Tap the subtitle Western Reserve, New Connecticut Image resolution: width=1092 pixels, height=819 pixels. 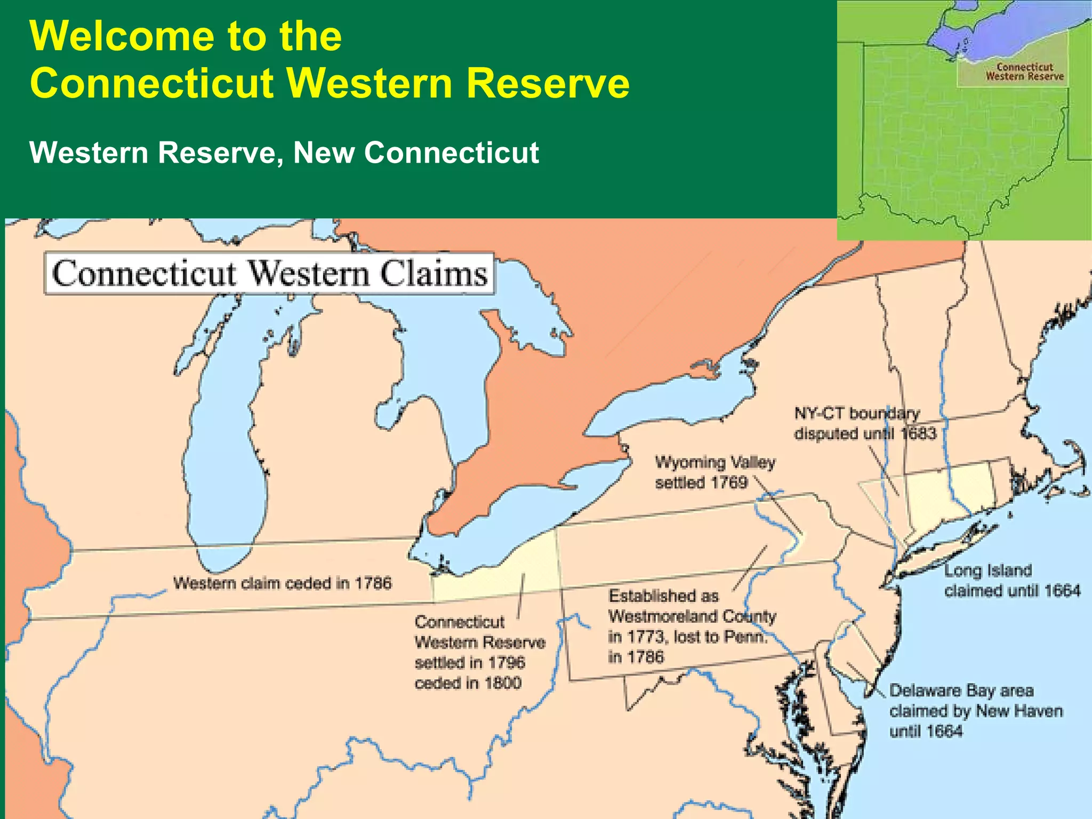284,152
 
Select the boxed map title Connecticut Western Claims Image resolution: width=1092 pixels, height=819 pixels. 269,274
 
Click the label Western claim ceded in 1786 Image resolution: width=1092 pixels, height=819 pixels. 282,583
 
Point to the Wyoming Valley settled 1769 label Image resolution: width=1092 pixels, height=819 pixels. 714,472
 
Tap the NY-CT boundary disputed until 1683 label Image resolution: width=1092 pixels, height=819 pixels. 864,423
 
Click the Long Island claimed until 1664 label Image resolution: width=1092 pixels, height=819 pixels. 1011,581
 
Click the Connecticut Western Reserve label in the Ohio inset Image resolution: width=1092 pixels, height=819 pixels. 1024,72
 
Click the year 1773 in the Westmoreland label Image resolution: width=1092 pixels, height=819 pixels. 647,637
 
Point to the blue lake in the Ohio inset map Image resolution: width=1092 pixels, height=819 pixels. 1002,37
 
